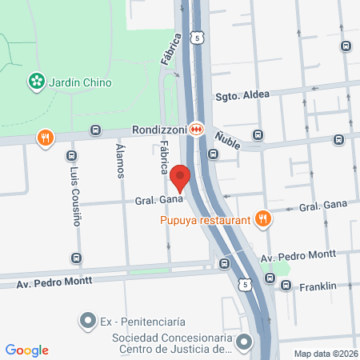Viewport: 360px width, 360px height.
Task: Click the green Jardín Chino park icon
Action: pos(36,81)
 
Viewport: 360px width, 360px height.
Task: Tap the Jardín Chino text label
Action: pos(79,82)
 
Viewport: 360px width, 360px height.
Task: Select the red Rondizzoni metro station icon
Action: pos(196,128)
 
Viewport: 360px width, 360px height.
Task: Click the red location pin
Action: pos(181,178)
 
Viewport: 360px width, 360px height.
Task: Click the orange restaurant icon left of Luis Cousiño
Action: pos(46,138)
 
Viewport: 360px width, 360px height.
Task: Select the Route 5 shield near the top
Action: pos(196,37)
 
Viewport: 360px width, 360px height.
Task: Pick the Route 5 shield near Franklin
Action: pos(244,285)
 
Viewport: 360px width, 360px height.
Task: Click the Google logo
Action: pos(26,350)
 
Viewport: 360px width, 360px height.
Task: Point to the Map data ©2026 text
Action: pos(323,354)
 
